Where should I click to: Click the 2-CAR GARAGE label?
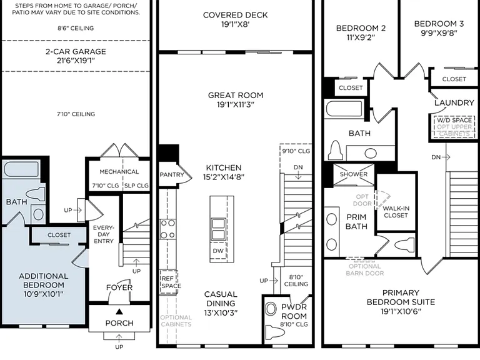click(x=76, y=51)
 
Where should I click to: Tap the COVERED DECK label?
click(x=236, y=15)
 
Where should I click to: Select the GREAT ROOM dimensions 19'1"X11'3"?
click(x=236, y=105)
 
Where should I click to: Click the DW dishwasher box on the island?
click(x=219, y=251)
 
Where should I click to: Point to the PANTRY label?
click(x=172, y=175)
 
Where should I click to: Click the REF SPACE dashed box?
click(x=169, y=282)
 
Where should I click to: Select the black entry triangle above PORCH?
click(x=119, y=312)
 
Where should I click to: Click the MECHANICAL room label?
click(x=119, y=172)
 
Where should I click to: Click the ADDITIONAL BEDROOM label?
click(x=44, y=281)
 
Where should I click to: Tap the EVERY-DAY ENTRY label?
click(x=104, y=234)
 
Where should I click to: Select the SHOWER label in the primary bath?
click(x=354, y=174)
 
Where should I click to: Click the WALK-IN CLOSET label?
click(x=396, y=212)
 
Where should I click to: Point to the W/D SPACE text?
click(x=454, y=120)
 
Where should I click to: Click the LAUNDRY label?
click(x=454, y=103)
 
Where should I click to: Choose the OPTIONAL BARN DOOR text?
click(x=365, y=270)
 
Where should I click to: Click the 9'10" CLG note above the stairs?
click(x=296, y=151)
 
